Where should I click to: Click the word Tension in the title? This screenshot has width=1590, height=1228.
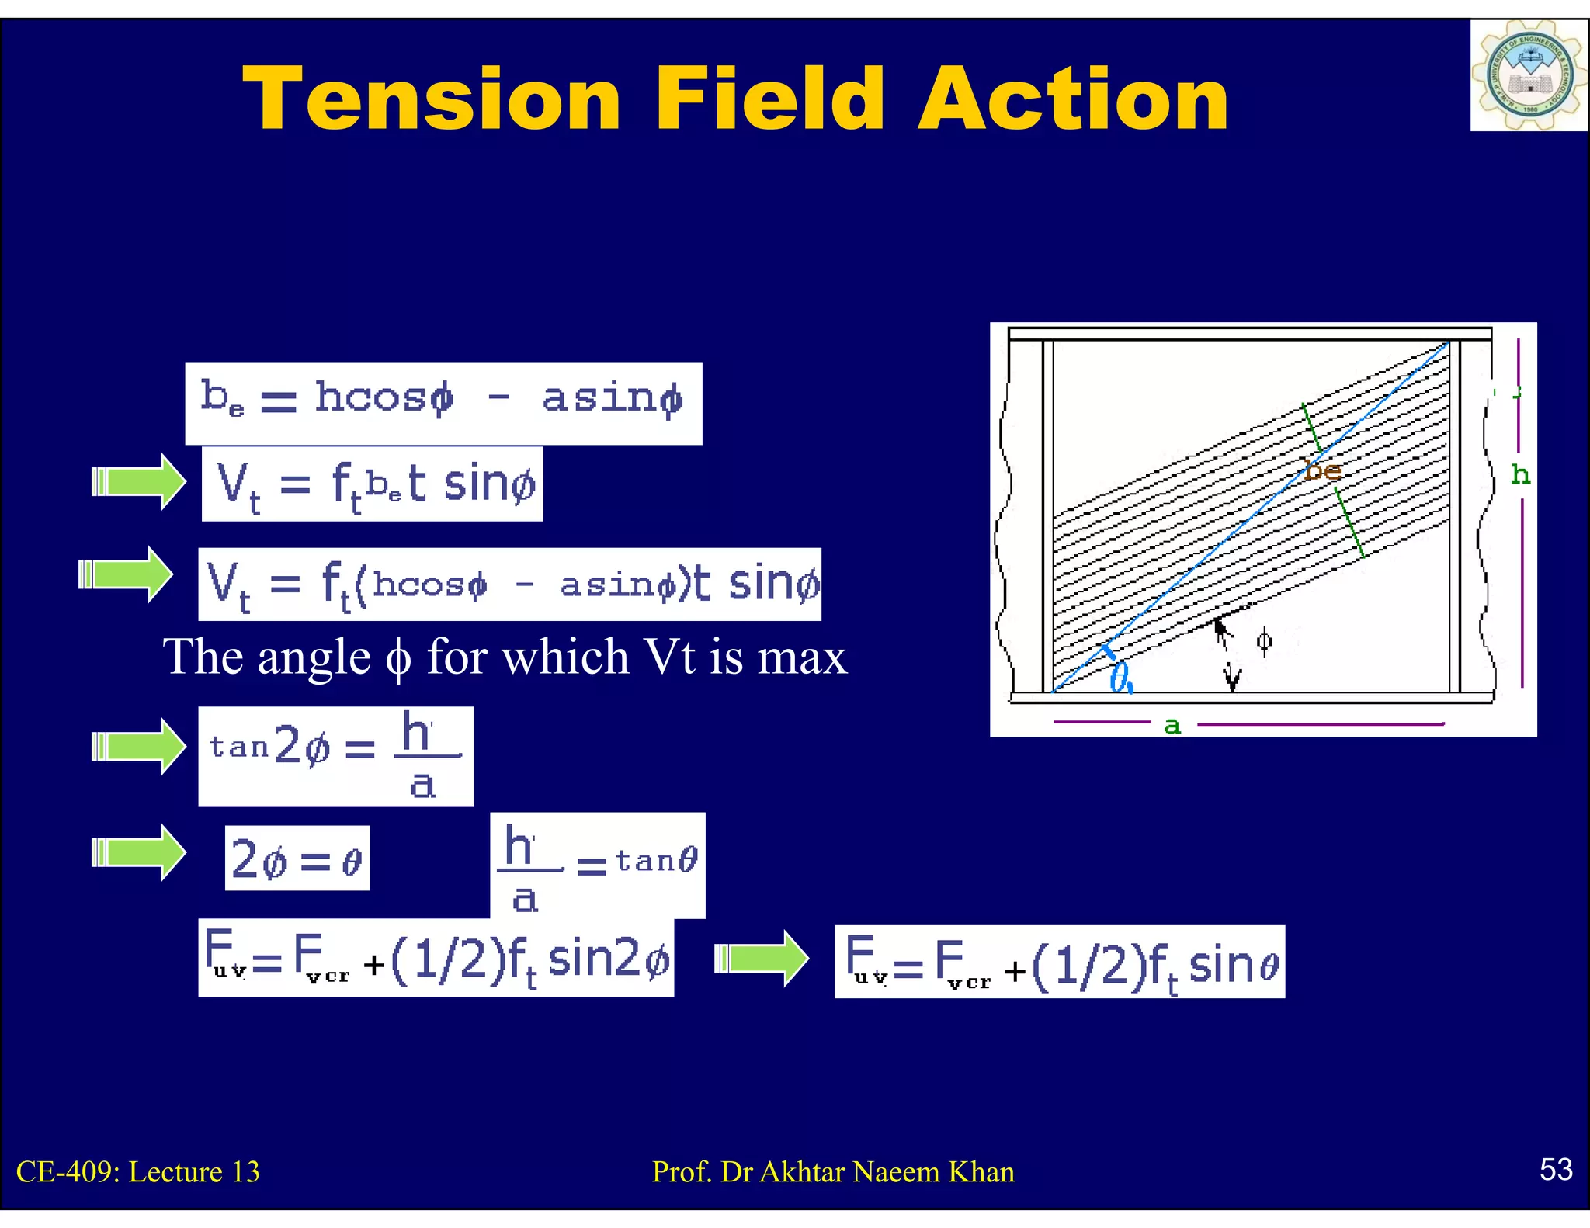[432, 99]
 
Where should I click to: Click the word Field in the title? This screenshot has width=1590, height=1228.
[769, 99]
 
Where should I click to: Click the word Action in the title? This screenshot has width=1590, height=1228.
[1073, 99]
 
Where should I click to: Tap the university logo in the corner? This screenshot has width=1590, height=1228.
[1528, 75]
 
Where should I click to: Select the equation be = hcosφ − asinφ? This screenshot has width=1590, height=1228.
[443, 402]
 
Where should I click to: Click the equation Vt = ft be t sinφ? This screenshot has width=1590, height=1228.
[372, 484]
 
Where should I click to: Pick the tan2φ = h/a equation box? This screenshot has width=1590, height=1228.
[335, 755]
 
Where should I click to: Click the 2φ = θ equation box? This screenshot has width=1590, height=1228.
[297, 858]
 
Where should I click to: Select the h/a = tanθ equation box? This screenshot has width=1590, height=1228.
[598, 865]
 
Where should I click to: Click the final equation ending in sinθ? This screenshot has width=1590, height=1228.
[1059, 962]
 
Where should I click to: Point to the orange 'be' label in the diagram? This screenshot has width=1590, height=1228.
[1322, 470]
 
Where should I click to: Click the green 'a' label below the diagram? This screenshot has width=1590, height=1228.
[1172, 726]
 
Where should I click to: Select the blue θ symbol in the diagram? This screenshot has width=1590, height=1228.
[1121, 678]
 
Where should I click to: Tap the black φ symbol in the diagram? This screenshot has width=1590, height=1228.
[1264, 641]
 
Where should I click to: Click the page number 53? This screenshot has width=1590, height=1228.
[1556, 1169]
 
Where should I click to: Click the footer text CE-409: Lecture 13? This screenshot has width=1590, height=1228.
[138, 1171]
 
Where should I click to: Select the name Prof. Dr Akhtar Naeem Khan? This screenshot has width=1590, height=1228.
[833, 1171]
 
